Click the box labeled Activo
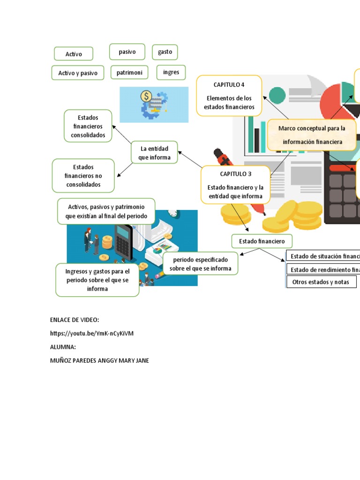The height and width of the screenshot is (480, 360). (74, 54)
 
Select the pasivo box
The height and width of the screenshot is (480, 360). (127, 52)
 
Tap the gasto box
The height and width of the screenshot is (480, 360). (165, 52)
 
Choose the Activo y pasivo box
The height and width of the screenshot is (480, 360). (78, 73)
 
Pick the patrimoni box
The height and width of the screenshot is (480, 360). (129, 72)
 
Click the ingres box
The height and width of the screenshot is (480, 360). (171, 72)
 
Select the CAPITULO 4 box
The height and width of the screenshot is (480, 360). (229, 96)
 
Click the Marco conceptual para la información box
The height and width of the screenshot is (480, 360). (311, 135)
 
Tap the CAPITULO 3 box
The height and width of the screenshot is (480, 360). (236, 185)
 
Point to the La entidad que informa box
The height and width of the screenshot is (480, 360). (154, 153)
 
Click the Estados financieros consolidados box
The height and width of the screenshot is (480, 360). (88, 126)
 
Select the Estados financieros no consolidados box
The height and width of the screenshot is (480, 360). (83, 176)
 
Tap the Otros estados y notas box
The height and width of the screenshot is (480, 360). (321, 282)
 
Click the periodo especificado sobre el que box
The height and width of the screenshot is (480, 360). (200, 264)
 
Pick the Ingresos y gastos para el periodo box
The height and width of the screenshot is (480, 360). (97, 279)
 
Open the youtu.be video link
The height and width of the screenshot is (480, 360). (92, 333)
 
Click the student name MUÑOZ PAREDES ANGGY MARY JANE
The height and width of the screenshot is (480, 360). (99, 360)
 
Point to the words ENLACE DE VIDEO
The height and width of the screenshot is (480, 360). (75, 320)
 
